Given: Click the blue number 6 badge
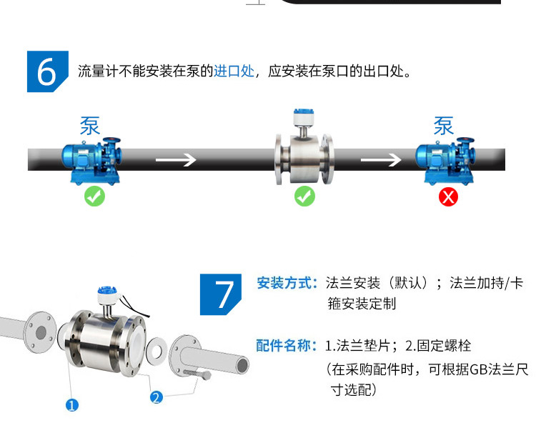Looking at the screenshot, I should point(47,71).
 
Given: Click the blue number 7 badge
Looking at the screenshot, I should point(224,294).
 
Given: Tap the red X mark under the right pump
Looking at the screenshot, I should point(448,196).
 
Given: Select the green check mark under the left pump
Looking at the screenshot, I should point(94,196).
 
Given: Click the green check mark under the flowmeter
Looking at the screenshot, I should point(304,196).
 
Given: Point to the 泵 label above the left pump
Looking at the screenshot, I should point(89,126).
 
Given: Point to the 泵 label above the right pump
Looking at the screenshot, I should point(443,126).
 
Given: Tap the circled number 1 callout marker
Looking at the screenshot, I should point(71,406).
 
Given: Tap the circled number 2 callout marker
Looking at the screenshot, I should point(157,397).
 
